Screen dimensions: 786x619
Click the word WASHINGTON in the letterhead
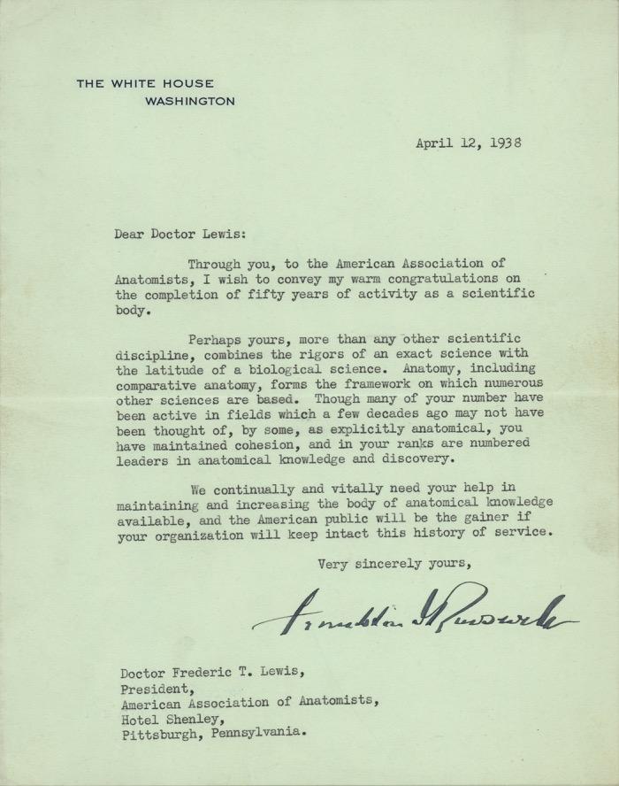(189, 101)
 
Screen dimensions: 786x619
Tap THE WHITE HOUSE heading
(145, 84)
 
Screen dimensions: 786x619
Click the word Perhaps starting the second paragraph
(213, 338)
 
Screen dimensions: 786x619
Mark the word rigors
(319, 354)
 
